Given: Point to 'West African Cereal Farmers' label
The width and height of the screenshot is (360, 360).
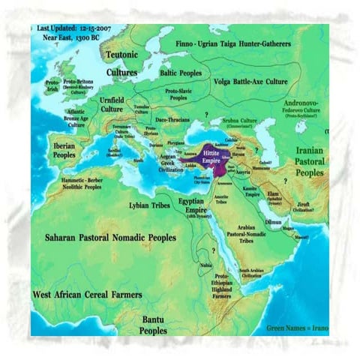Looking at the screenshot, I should click(88, 295).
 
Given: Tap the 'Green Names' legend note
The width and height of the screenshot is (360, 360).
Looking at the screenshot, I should click(297, 328).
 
